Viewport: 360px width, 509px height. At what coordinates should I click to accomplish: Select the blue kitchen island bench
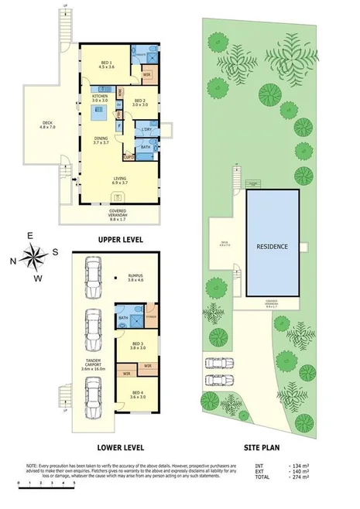click(101, 116)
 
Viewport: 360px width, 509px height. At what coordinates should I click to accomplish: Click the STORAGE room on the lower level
click(151, 316)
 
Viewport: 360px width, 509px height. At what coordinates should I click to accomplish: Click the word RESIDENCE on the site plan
click(273, 247)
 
